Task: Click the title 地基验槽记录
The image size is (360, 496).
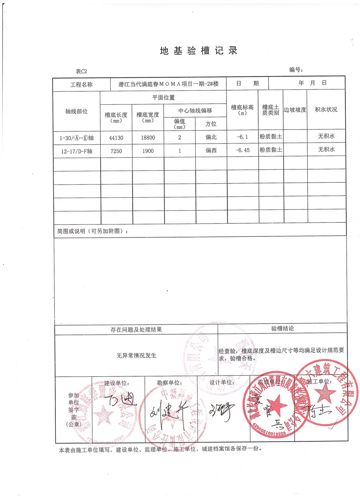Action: [199, 51]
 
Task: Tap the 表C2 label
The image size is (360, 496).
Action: [81, 71]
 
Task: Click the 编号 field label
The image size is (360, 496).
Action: [296, 70]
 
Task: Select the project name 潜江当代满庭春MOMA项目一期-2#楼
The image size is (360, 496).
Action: [168, 84]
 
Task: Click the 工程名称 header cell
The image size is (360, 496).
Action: [81, 85]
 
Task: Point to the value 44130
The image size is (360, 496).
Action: [116, 138]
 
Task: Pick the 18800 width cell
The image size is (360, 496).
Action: [148, 137]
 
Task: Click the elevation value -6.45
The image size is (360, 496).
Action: [242, 150]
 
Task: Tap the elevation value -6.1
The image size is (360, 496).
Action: [242, 137]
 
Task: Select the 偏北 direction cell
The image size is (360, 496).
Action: [211, 137]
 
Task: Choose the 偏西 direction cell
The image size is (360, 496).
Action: [211, 150]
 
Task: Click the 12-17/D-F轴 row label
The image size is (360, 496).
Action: [77, 151]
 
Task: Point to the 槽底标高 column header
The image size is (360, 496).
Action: [242, 109]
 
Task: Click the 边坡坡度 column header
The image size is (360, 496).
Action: [295, 110]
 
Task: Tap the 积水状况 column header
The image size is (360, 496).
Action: [326, 109]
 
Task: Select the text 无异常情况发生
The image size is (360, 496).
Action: [136, 356]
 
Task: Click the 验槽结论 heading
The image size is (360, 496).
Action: [283, 329]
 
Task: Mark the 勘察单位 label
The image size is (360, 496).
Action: [169, 383]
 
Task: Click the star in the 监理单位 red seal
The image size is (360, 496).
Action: [276, 405]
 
